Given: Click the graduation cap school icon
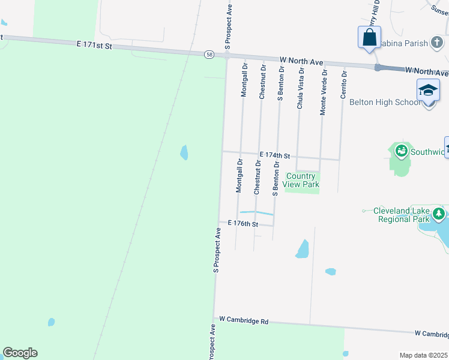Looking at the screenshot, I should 428,90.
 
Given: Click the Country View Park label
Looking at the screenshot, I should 302,180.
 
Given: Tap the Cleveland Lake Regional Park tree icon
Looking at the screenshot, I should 439,214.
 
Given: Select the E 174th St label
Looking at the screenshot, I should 275,155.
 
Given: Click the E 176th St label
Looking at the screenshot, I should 243,224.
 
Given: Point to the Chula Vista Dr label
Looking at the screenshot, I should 301,88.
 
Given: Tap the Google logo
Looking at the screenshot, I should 20,353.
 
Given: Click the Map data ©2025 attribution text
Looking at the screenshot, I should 423,355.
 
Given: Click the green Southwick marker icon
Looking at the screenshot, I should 400,151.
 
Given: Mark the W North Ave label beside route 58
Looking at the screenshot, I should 301,61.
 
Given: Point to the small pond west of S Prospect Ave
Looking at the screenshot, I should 184,152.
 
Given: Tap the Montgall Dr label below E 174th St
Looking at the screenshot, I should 239,176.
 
